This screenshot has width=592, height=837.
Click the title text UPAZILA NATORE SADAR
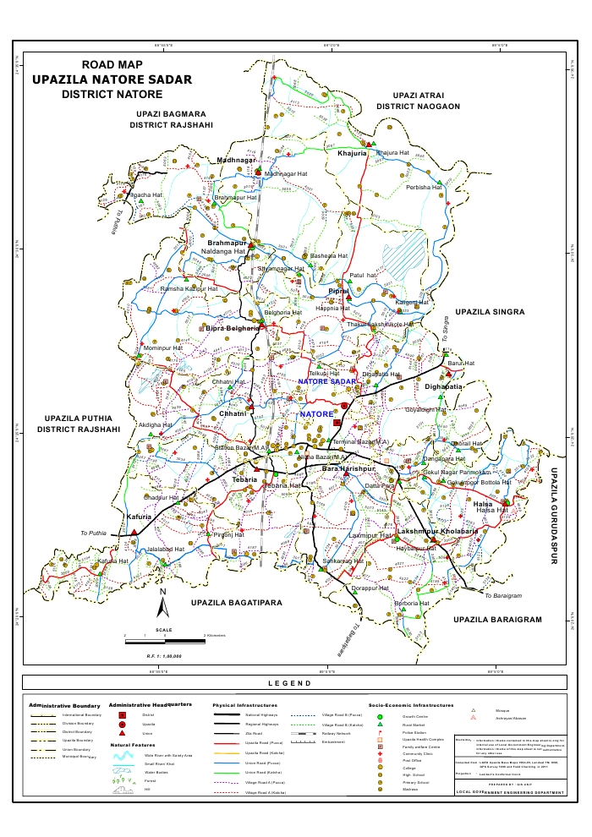tap(112, 79)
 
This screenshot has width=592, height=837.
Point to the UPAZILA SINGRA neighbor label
tap(490, 312)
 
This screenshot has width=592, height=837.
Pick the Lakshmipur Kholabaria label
tap(437, 531)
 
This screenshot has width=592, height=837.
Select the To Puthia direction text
tap(93, 533)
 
